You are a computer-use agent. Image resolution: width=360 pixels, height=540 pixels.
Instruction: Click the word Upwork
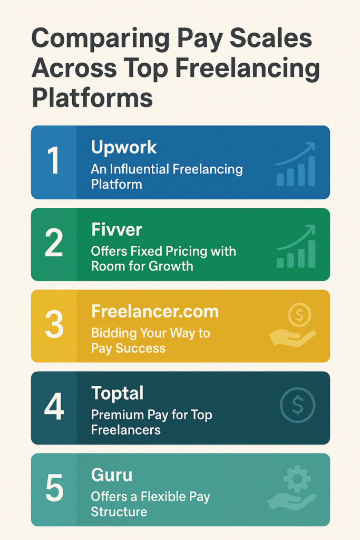[x=124, y=147]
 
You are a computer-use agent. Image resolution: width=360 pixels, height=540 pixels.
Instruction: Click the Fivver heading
[x=117, y=229]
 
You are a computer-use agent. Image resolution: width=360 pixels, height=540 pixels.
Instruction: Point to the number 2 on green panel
[x=54, y=245]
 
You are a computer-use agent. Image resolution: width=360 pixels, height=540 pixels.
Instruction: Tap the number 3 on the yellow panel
[x=54, y=326]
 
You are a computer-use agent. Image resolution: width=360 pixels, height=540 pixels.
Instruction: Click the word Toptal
[x=118, y=393]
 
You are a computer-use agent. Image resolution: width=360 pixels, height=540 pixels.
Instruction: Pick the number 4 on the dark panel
[x=54, y=408]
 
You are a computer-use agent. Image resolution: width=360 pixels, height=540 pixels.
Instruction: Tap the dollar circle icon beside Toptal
[x=297, y=407]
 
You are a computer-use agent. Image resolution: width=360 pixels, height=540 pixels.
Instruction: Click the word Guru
[x=112, y=475]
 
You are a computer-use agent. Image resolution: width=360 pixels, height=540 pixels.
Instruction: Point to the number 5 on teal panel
[x=54, y=489]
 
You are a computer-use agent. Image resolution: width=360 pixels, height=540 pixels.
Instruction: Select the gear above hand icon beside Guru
[x=293, y=489]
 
